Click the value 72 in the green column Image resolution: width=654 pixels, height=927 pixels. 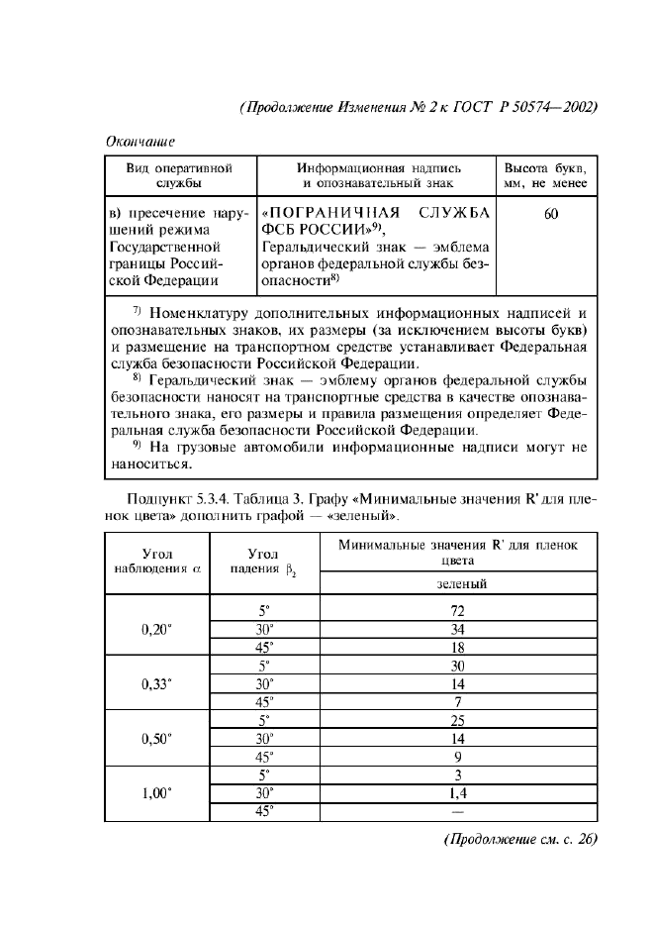click(457, 611)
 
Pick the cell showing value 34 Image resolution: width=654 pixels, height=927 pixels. click(457, 629)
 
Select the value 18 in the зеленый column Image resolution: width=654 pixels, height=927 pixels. click(457, 647)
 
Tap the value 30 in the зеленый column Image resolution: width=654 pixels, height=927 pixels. click(457, 666)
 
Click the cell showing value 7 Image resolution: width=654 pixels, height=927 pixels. click(457, 702)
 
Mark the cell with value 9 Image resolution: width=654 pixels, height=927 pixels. click(457, 757)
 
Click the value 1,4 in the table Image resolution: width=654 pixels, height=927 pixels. click(457, 793)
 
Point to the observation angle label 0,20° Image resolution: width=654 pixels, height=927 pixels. click(157, 629)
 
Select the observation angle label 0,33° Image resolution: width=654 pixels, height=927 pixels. click(157, 683)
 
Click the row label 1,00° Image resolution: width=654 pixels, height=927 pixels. click(157, 792)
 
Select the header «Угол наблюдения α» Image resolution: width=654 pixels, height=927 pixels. click(157, 563)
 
